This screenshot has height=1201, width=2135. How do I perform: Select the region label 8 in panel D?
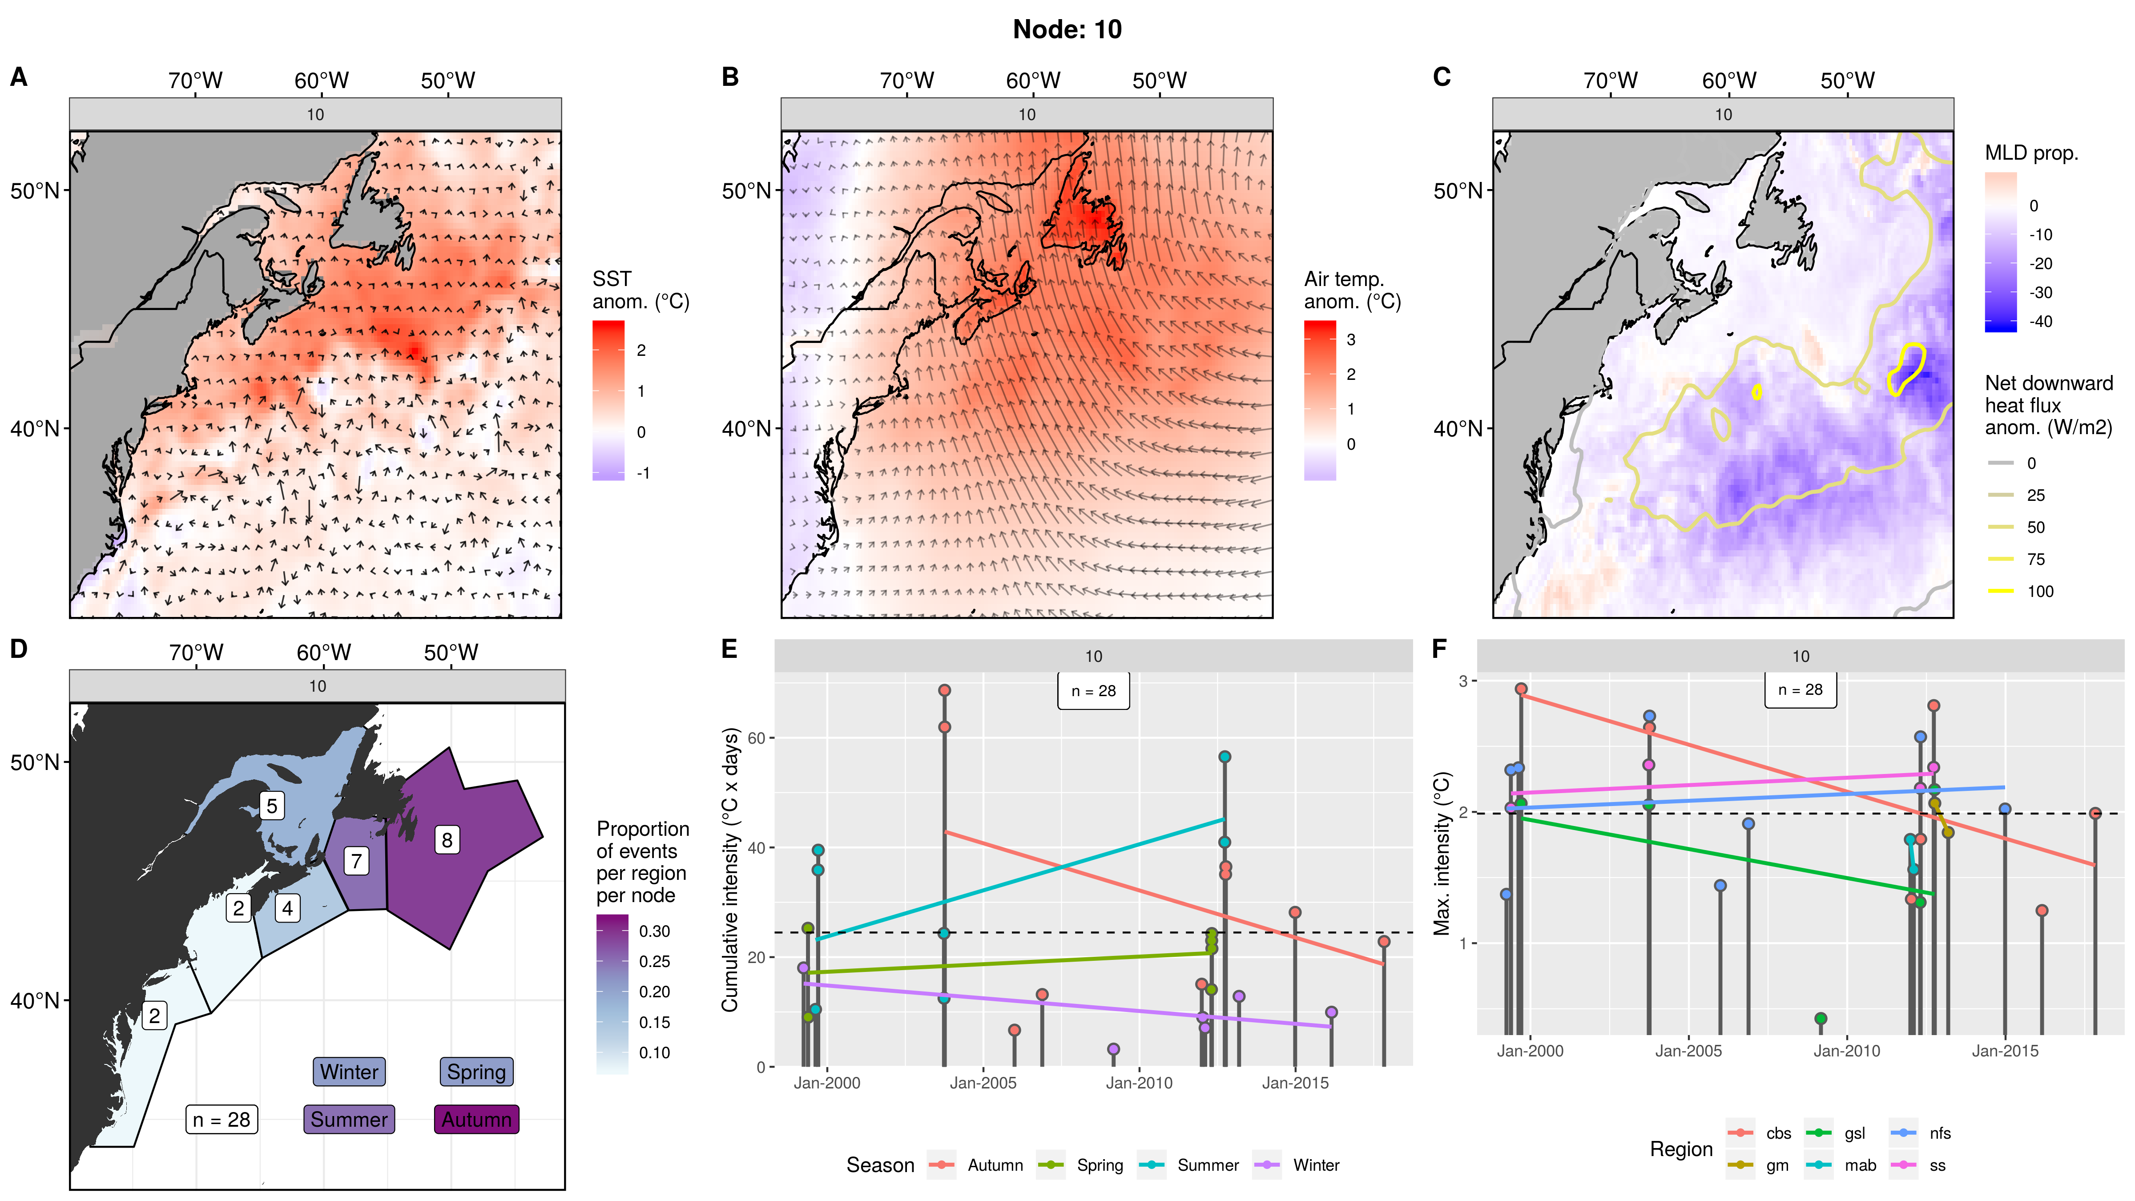[x=447, y=840]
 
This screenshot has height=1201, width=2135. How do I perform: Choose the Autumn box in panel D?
[x=476, y=1119]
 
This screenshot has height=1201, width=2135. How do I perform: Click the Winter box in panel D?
[x=349, y=1072]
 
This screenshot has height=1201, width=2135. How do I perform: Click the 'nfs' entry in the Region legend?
[x=1939, y=1133]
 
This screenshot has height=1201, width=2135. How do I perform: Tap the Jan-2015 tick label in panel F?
[x=2004, y=1051]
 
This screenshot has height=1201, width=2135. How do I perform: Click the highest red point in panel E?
[x=944, y=690]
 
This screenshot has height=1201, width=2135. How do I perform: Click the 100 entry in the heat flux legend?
[x=2040, y=591]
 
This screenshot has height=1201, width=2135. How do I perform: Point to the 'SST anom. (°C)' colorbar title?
[x=640, y=290]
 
